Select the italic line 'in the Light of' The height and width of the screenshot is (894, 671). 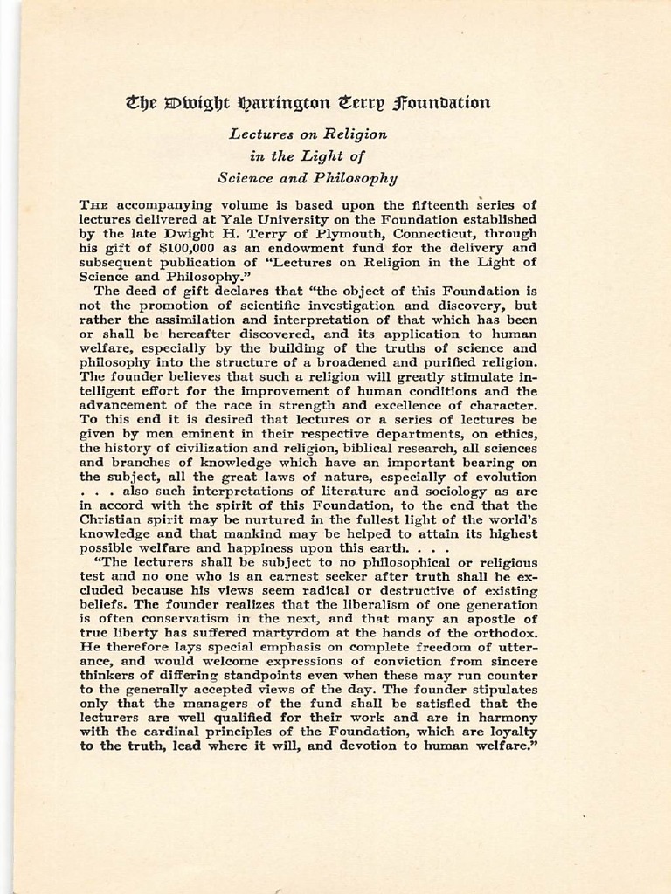tap(307, 156)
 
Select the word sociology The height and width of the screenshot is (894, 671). tap(429, 491)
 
